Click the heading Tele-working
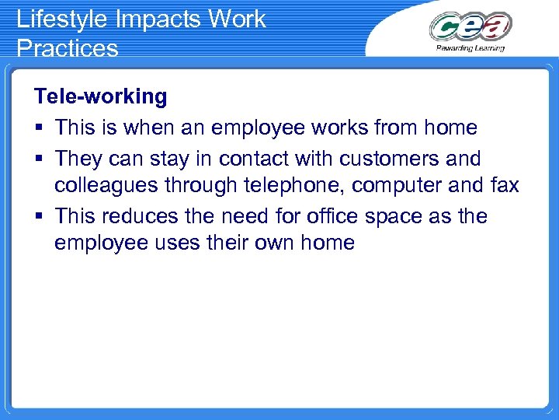click(100, 96)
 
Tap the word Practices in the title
click(67, 48)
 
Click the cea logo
click(470, 26)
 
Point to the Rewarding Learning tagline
click(470, 47)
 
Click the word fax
click(504, 186)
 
